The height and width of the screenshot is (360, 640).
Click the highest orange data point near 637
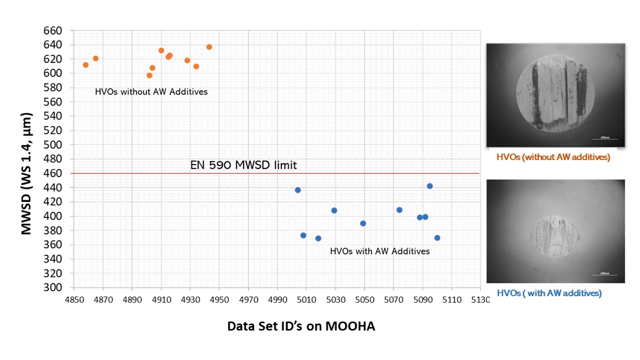[x=209, y=47]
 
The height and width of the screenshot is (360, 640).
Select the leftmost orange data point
[x=85, y=65]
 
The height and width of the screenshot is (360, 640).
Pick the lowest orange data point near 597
[x=149, y=75]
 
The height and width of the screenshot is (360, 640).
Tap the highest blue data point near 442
[x=429, y=186]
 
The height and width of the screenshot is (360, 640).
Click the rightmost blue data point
[x=437, y=238]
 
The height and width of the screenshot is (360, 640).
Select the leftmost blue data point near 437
[x=297, y=190]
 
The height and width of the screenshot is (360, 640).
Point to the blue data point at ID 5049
[x=363, y=223]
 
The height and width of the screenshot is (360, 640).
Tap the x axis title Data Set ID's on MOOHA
[x=301, y=326]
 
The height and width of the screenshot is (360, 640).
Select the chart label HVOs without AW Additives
[x=151, y=92]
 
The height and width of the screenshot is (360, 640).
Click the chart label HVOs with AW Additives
[x=379, y=251]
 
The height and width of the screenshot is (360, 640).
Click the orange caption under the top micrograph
[x=553, y=157]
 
